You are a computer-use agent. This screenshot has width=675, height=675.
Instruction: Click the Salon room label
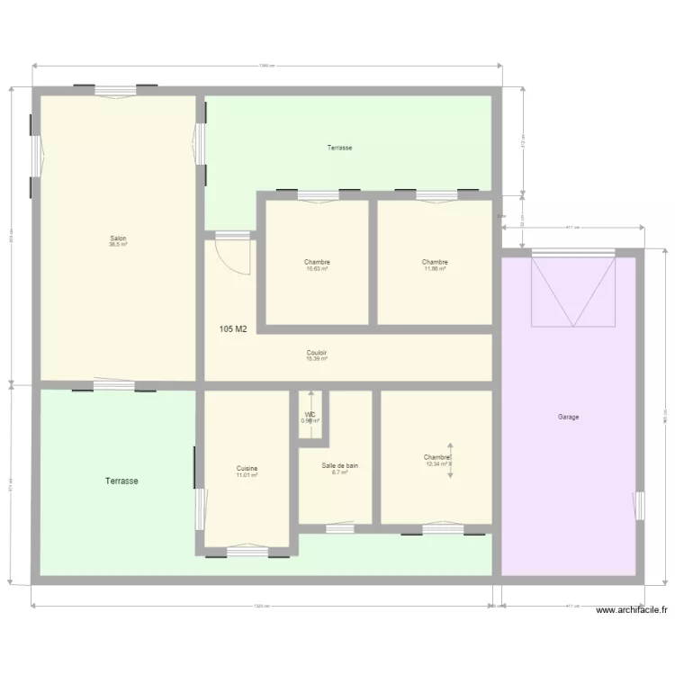[118, 238]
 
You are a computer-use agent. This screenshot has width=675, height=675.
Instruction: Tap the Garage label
[568, 417]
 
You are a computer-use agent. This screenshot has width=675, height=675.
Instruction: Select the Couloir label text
[317, 353]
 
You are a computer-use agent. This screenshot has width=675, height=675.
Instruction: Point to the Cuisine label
[247, 468]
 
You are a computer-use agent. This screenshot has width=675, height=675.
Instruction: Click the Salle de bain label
[340, 465]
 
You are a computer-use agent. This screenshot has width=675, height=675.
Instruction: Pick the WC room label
[310, 415]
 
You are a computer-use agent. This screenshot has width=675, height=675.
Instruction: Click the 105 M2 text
[233, 329]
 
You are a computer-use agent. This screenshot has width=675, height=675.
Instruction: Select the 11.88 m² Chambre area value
[435, 269]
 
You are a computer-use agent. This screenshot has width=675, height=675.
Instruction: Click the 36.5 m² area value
[118, 245]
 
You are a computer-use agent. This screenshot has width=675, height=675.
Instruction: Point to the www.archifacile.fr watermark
[632, 610]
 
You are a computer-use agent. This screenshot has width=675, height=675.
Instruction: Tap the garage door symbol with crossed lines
[573, 291]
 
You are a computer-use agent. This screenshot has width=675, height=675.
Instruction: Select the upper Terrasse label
[339, 148]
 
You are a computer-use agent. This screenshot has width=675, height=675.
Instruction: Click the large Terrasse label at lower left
[121, 481]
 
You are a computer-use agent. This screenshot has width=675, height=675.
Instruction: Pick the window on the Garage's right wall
[640, 506]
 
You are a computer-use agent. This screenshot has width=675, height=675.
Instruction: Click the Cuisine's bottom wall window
[247, 551]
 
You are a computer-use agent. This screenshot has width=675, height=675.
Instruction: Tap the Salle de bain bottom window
[340, 528]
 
